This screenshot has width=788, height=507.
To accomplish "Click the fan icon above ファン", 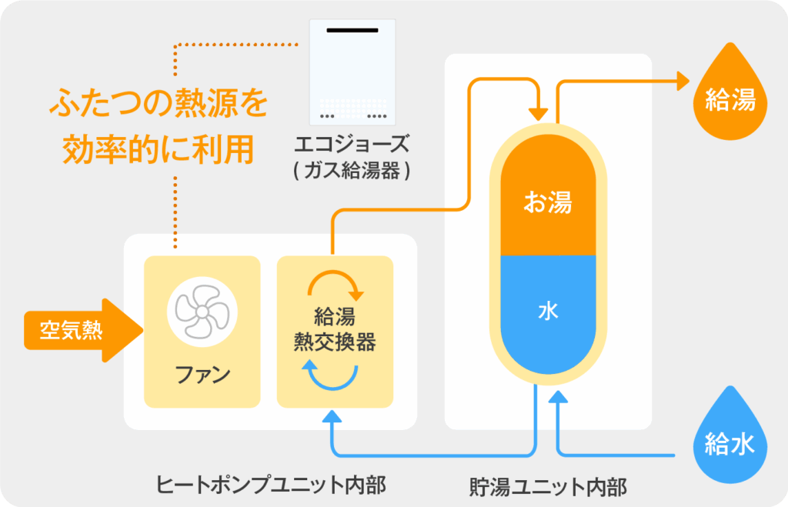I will click(202, 312).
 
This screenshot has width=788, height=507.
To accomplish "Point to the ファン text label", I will click(202, 376).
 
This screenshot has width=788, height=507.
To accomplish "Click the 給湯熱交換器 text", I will click(335, 330).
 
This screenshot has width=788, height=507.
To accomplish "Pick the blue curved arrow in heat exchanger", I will click(333, 375).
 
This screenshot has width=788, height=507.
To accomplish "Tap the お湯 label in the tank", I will click(548, 203).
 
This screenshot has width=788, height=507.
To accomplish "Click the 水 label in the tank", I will click(548, 312).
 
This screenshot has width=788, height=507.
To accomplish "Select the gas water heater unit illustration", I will click(352, 72).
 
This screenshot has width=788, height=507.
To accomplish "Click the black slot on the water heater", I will click(352, 30).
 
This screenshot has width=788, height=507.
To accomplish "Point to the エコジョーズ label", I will click(352, 144).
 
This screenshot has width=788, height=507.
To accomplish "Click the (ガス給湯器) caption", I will click(352, 171).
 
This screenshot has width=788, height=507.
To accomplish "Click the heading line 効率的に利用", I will click(157, 149).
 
